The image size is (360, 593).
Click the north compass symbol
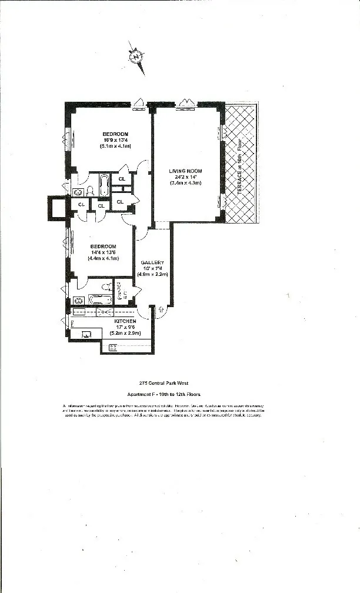(136, 57)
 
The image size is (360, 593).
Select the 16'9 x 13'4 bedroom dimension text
(114, 140)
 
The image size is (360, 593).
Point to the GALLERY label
(152, 262)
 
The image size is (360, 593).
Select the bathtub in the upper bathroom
(104, 185)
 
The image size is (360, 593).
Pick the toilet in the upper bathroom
(90, 190)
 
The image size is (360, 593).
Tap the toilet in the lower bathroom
(106, 287)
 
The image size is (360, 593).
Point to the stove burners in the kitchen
(113, 347)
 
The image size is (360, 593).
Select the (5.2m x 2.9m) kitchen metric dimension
(126, 333)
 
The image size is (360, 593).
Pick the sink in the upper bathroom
(78, 192)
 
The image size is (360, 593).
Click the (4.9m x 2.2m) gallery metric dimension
(153, 274)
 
